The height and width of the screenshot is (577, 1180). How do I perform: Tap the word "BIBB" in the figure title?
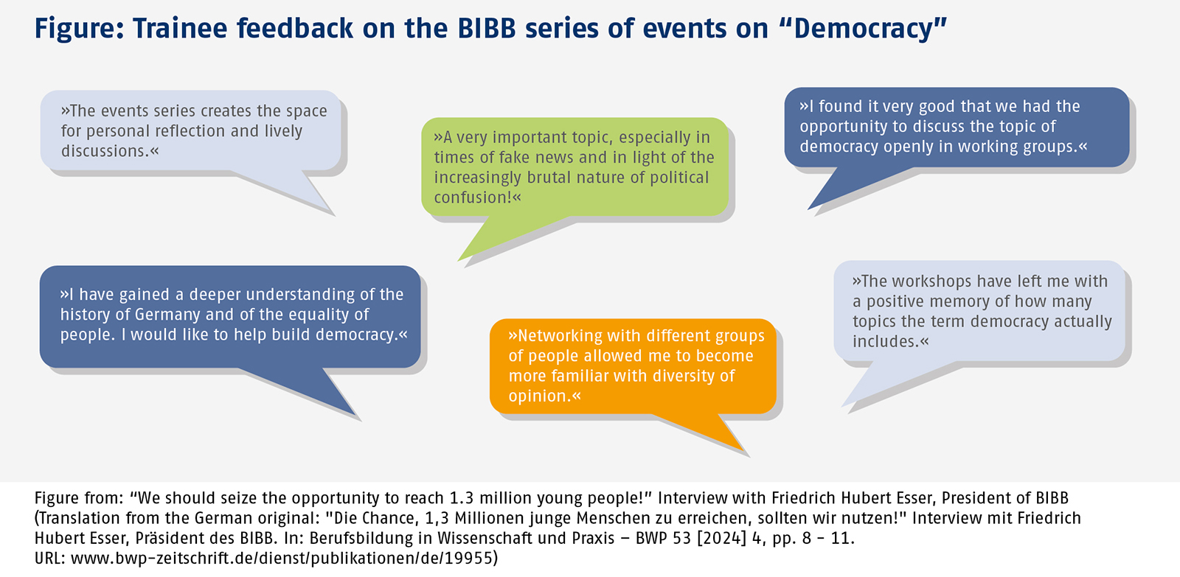click(487, 29)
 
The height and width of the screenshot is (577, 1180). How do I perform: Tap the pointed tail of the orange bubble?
click(744, 451)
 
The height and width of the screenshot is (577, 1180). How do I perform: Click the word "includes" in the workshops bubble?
click(885, 341)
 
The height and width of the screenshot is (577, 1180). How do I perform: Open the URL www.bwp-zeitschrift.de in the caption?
click(163, 558)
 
